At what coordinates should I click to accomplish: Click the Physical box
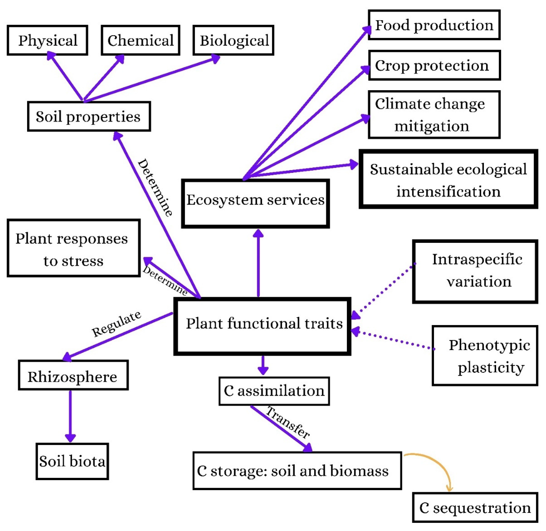click(x=47, y=40)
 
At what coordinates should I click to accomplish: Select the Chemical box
click(x=140, y=40)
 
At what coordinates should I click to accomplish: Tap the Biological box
click(x=233, y=40)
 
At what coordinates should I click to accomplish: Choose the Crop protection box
click(x=434, y=66)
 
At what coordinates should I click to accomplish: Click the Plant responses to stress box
click(x=74, y=248)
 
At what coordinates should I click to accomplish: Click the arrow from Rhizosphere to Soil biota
click(x=70, y=416)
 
